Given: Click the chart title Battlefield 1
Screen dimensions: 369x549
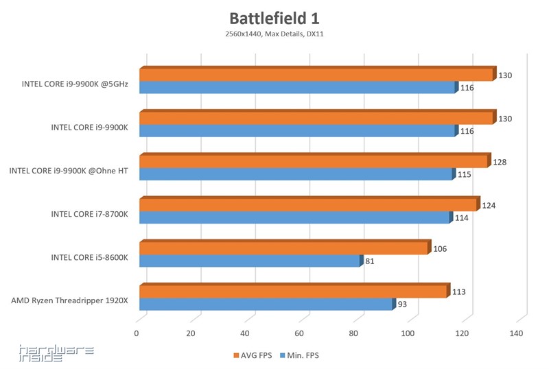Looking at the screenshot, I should tap(274, 17).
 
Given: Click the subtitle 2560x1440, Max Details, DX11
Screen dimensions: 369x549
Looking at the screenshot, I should tap(274, 33).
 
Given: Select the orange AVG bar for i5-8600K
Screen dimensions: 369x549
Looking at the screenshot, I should tap(284, 248).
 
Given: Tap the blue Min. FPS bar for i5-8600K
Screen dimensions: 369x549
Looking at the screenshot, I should tap(250, 261).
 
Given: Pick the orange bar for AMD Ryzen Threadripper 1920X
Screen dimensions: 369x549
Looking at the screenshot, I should tap(293, 292).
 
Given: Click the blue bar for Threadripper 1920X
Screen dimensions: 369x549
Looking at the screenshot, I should tap(266, 305).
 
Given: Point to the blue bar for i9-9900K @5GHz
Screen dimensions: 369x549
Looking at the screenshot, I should tap(297, 88).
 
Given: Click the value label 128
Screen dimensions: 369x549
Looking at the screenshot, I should tap(500, 162).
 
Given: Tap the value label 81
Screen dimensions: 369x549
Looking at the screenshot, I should tap(370, 261).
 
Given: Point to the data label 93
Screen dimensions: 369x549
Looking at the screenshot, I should tap(404, 305).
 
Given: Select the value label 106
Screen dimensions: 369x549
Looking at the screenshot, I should tap(440, 248).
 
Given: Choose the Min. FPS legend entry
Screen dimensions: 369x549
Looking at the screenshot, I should tap(299, 355).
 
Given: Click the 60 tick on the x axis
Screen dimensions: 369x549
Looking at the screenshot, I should tap(299, 333).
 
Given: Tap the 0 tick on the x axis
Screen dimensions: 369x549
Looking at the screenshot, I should tap(137, 333).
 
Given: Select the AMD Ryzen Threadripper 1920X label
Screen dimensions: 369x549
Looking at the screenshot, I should tap(69, 300).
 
